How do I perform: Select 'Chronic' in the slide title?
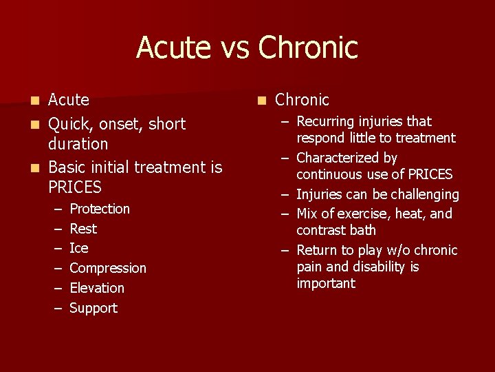point(308,48)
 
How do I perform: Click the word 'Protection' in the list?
point(100,209)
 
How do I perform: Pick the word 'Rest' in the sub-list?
point(83,229)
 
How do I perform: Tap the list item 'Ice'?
point(79,248)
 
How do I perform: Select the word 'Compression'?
point(108,268)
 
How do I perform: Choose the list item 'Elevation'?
point(97,288)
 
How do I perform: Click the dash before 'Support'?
point(58,309)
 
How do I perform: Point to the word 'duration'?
point(78,144)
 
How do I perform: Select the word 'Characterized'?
point(337,158)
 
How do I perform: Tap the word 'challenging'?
point(425,195)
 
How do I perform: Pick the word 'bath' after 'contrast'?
point(363,230)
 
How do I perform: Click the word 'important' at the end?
point(326,284)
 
